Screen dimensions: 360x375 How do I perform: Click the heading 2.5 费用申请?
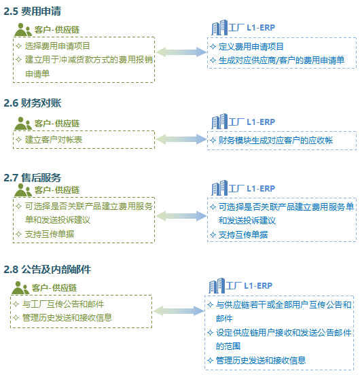click(x=33, y=12)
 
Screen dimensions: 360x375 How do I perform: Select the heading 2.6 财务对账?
click(x=33, y=103)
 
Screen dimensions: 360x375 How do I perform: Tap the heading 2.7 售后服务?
click(x=33, y=178)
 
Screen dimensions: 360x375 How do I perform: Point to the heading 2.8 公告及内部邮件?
click(x=47, y=270)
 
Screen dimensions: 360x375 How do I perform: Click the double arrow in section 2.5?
click(x=181, y=52)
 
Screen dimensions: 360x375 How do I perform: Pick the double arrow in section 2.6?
click(x=181, y=139)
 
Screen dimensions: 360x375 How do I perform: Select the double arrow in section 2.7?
click(x=181, y=216)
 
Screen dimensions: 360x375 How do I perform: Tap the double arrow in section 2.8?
click(x=179, y=310)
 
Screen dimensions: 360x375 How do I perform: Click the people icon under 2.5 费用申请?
click(x=23, y=30)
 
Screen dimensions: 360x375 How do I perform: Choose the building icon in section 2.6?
click(x=219, y=121)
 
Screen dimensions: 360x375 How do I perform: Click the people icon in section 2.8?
click(x=20, y=288)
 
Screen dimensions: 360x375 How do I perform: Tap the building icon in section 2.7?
click(x=219, y=187)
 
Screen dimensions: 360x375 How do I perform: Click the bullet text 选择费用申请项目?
click(x=57, y=46)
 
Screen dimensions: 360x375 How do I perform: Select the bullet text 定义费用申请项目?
click(x=251, y=46)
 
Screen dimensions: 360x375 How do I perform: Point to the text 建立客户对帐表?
click(x=54, y=140)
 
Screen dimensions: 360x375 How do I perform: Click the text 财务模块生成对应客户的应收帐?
click(x=276, y=141)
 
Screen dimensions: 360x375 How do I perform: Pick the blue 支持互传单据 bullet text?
click(x=243, y=234)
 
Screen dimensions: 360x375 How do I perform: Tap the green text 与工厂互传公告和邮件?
click(x=63, y=304)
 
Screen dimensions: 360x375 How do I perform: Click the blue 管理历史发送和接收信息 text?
click(x=261, y=360)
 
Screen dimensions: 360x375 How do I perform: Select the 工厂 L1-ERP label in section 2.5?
click(x=252, y=28)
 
